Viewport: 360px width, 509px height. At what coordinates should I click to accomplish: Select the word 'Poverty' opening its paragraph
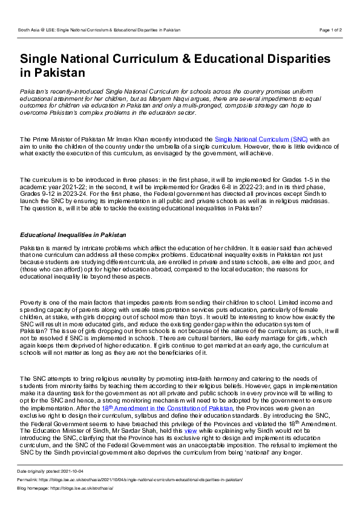tap(31, 301)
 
